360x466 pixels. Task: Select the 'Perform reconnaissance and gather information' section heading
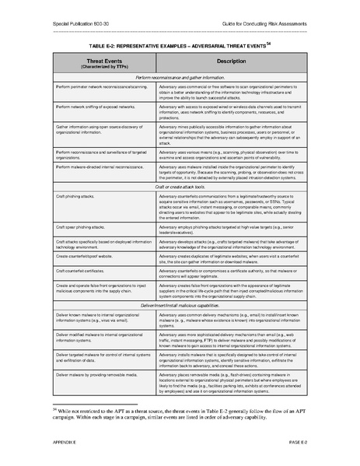180,78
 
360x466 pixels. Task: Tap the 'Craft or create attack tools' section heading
180,187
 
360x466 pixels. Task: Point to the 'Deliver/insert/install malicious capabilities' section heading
180,285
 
